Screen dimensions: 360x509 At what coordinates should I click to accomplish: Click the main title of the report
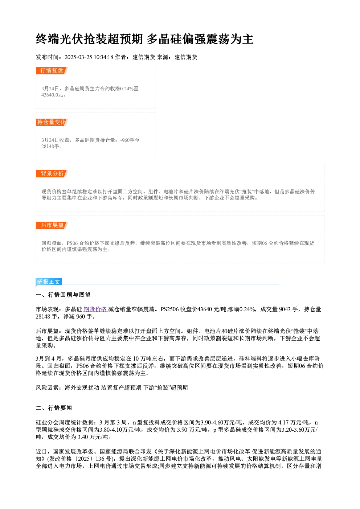(144, 39)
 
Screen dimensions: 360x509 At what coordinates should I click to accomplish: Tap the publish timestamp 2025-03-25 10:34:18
(89, 57)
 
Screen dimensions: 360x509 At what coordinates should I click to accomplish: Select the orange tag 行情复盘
(52, 71)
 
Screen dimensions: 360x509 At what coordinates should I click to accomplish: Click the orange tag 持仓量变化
(52, 122)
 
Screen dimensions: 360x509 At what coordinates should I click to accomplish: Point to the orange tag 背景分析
(52, 174)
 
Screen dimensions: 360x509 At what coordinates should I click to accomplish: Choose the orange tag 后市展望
(52, 225)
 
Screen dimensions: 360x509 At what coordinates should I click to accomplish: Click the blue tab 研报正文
(49, 282)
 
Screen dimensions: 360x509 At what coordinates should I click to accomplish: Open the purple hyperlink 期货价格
(95, 309)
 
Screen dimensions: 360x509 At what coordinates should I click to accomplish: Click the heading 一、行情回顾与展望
(63, 295)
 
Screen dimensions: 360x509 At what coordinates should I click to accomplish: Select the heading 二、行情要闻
(54, 408)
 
